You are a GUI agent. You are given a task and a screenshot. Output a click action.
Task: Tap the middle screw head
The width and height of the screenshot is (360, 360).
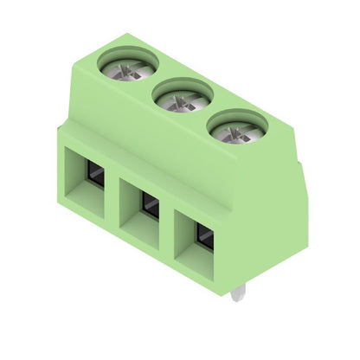pyautogui.click(x=183, y=96)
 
